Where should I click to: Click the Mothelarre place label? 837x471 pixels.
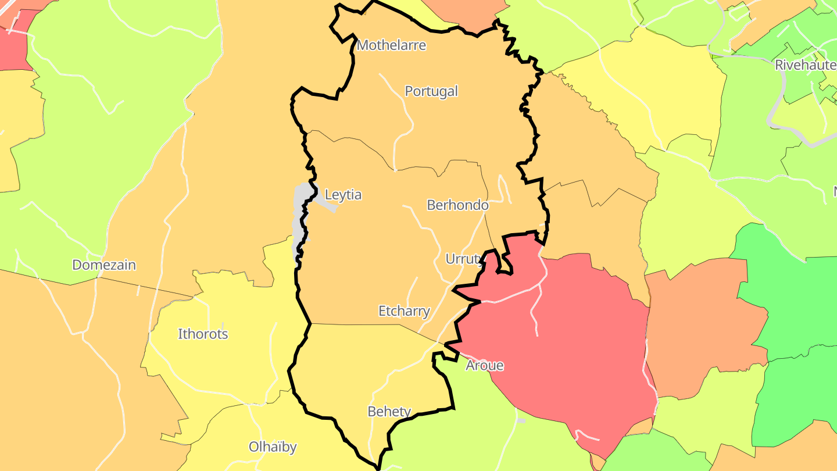point(391,45)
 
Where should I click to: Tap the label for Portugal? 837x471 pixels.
point(431,91)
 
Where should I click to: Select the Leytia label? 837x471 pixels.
point(343,195)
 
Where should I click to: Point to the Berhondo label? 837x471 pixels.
point(457,205)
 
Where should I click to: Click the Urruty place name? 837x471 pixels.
point(463,259)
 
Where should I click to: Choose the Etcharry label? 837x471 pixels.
point(404,311)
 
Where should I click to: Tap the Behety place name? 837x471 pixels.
point(389,412)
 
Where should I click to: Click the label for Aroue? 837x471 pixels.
point(484,366)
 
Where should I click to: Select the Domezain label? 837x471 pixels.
point(104,265)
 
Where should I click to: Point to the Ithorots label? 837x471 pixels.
point(203,334)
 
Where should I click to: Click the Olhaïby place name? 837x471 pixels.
point(273,447)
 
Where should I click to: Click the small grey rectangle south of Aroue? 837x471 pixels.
point(521,420)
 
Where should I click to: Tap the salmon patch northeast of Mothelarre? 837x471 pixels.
point(465,15)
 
